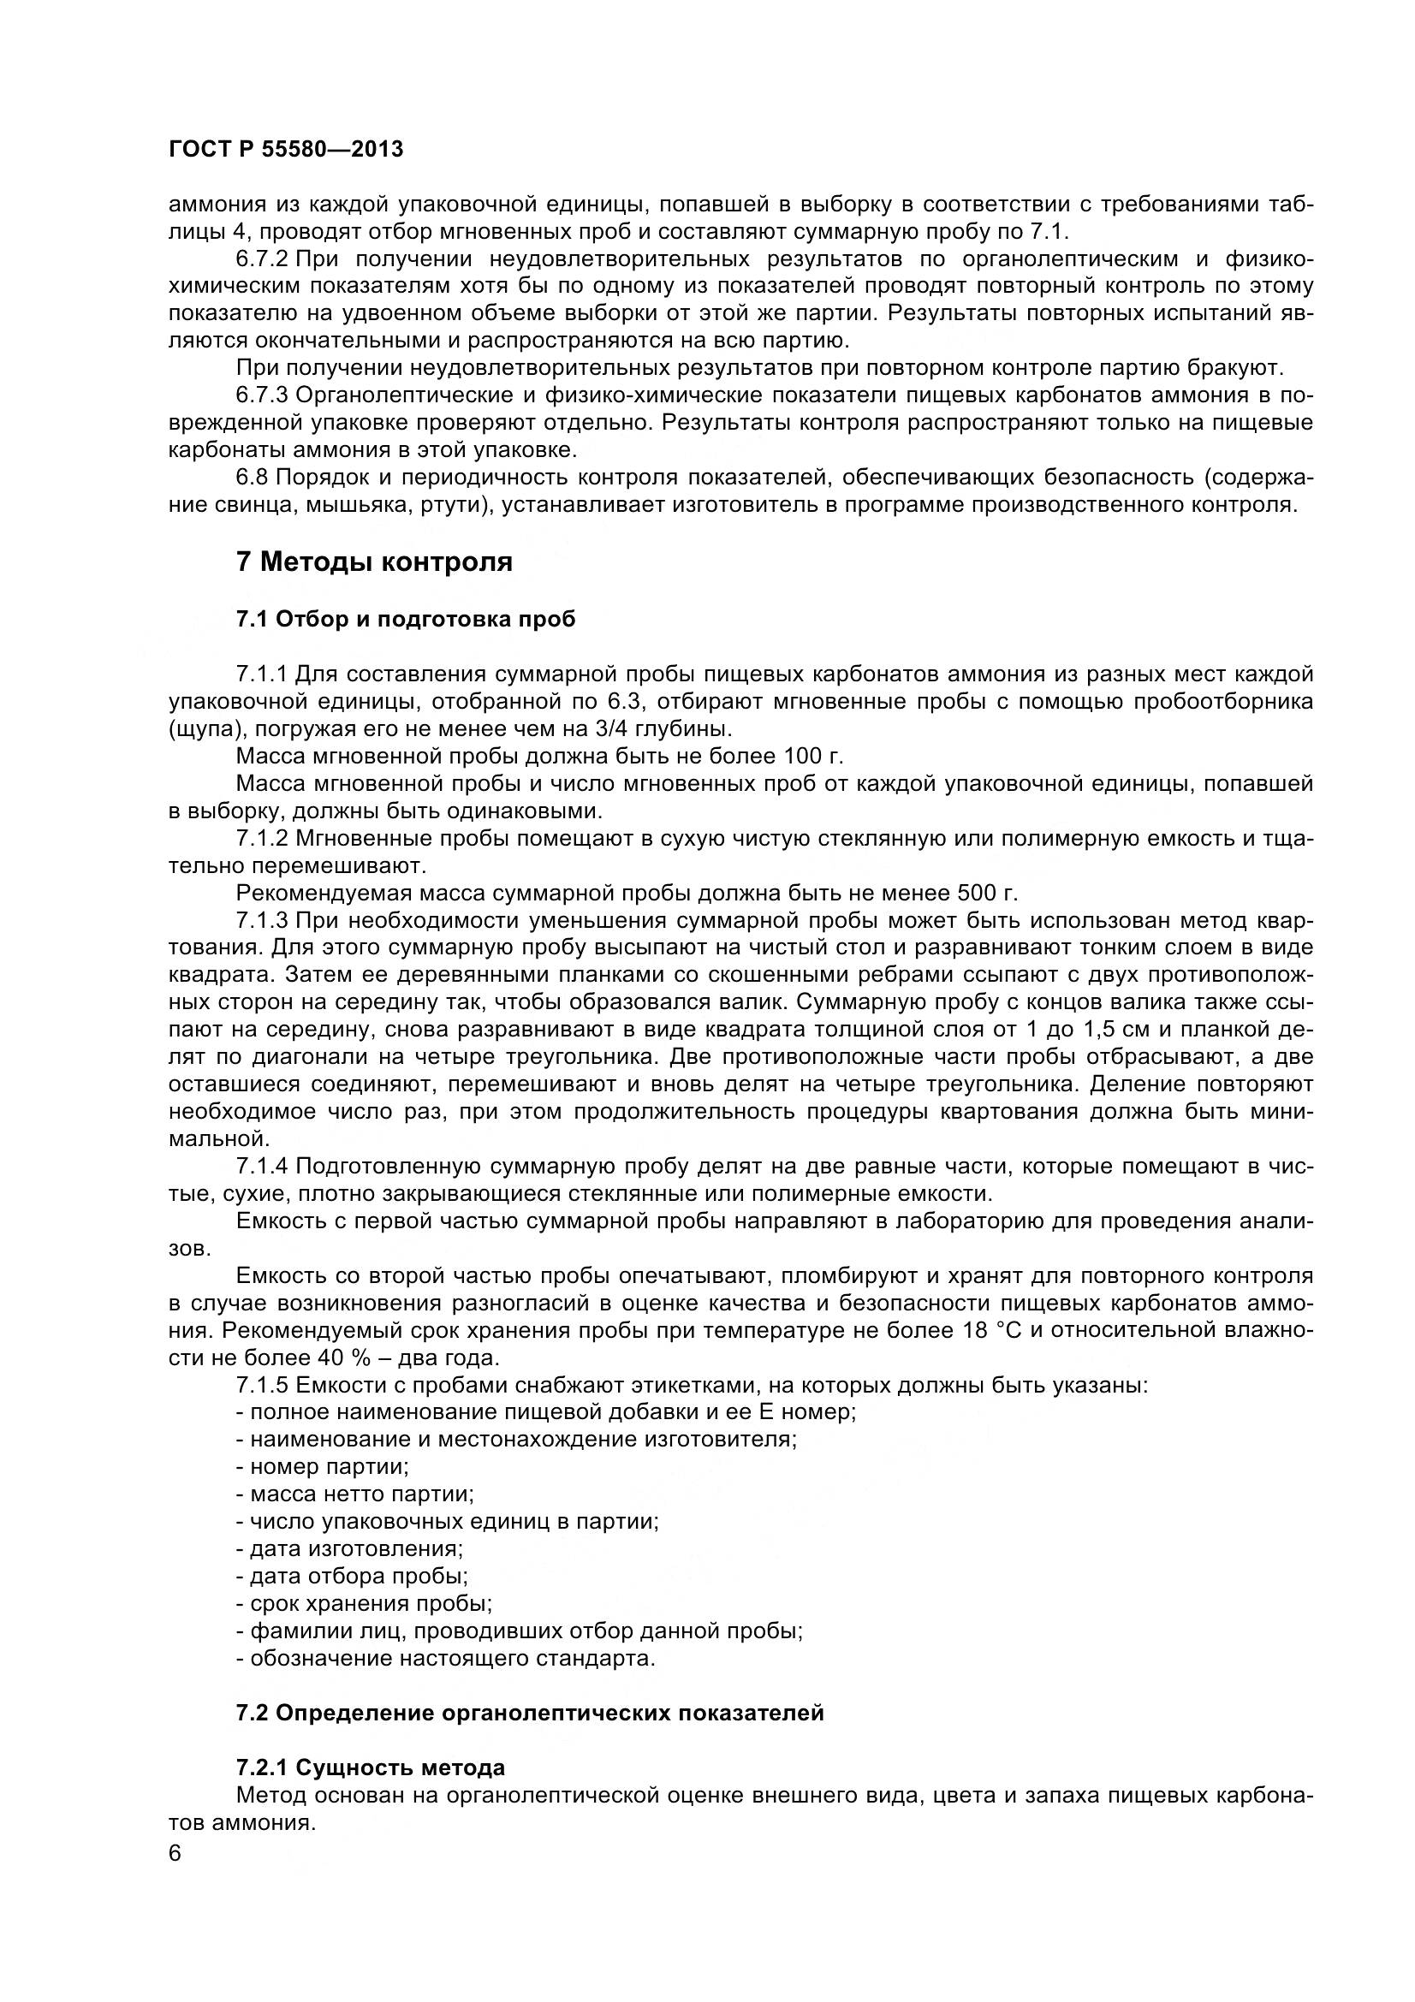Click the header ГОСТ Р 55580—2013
[x=286, y=150]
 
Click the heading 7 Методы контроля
[x=374, y=561]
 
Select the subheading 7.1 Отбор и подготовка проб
[x=406, y=619]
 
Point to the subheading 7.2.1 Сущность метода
[x=371, y=1768]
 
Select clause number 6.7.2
[x=262, y=259]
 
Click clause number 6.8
[x=252, y=477]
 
